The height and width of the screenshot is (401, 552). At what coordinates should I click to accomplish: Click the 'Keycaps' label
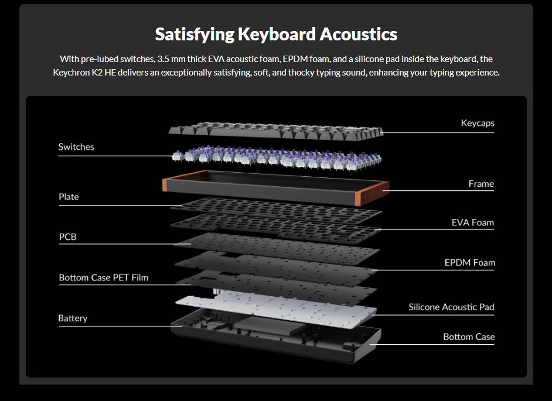click(x=478, y=124)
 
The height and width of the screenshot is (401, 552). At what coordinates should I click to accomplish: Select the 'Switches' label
click(x=76, y=147)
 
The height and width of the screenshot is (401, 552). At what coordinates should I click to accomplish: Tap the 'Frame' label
click(x=481, y=184)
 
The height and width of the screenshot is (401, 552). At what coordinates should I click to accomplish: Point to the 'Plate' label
click(x=69, y=197)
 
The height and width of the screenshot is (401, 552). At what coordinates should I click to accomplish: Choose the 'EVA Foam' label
click(x=472, y=222)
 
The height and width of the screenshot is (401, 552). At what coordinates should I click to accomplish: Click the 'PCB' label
click(x=68, y=237)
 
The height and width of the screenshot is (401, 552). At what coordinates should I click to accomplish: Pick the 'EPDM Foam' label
click(x=469, y=263)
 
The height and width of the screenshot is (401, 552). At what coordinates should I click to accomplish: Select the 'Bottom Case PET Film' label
click(x=103, y=277)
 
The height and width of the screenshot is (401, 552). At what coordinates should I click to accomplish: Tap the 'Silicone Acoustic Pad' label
click(x=451, y=307)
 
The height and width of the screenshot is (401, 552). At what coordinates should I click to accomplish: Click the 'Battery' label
click(x=73, y=318)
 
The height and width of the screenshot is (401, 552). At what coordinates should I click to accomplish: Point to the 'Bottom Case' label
click(x=469, y=337)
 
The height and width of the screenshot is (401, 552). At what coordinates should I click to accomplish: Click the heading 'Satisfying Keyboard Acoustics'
click(x=276, y=34)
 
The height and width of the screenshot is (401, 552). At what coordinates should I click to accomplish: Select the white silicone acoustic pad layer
click(x=275, y=307)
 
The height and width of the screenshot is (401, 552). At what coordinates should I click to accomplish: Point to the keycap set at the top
click(x=275, y=130)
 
